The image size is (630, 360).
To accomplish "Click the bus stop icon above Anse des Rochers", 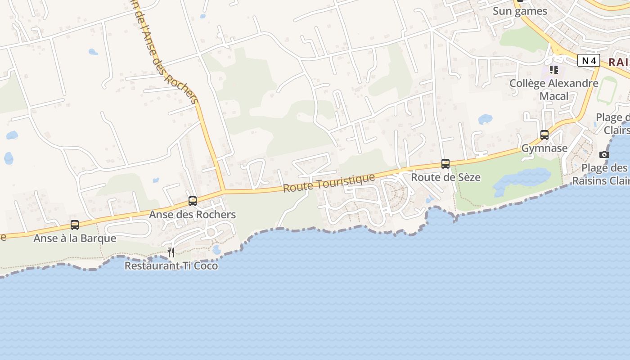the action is click(x=193, y=201).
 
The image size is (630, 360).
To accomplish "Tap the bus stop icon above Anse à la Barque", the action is click(x=75, y=225).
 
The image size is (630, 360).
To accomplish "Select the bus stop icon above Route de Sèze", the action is click(x=445, y=163).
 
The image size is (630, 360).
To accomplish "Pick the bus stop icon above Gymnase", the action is click(x=544, y=135).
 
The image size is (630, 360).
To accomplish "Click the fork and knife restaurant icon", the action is click(x=171, y=252).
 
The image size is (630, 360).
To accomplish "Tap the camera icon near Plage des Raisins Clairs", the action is click(x=604, y=154).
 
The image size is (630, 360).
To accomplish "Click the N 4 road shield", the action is click(x=589, y=60).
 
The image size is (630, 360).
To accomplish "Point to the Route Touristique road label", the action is click(x=329, y=182).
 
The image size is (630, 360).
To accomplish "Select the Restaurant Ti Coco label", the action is click(x=171, y=265).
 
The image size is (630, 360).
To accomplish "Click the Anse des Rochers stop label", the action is click(x=193, y=214).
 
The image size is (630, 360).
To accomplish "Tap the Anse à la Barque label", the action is click(x=75, y=238).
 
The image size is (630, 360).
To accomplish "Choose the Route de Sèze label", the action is click(x=445, y=177).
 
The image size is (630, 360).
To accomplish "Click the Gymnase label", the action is click(x=544, y=148).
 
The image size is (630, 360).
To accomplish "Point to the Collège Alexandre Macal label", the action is click(x=554, y=90).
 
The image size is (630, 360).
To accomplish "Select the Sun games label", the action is click(x=520, y=11).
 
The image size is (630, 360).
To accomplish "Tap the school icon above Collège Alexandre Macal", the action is click(x=554, y=70).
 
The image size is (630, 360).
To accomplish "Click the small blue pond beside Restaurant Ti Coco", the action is click(x=216, y=249).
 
